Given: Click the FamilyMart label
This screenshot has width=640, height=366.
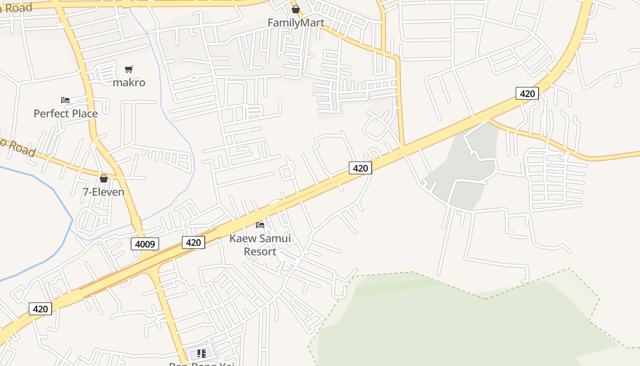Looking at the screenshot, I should (296, 22).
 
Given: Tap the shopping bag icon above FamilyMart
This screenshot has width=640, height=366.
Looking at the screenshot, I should (296, 9).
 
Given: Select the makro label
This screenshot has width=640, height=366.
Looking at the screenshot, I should (129, 82).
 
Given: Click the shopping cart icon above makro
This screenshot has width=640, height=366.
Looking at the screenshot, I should (129, 69).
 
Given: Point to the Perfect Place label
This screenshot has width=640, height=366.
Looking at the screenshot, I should (66, 113).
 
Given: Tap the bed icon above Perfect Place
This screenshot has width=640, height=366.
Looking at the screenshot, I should (65, 100).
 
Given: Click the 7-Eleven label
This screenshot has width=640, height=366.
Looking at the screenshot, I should (103, 192).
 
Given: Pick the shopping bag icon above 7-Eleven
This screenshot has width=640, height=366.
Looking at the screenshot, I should (104, 178).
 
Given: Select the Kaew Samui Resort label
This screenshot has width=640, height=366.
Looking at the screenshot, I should (260, 245).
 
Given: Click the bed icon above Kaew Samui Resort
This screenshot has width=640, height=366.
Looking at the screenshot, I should (260, 225).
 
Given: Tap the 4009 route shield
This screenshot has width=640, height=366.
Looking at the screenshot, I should (145, 244).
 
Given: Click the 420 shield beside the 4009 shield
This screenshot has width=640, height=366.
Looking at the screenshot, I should (193, 242).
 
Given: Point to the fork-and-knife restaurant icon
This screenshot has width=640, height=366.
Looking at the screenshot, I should (201, 353).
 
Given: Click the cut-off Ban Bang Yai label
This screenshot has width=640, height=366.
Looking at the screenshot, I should (202, 364).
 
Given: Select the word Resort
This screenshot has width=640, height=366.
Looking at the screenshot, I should (260, 252).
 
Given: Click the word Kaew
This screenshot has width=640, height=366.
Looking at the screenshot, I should (242, 238).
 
